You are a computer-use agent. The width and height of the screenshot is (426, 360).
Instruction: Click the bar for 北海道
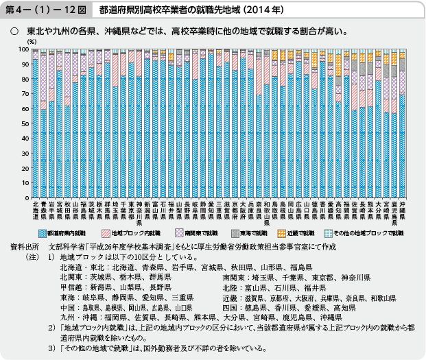point(35,123)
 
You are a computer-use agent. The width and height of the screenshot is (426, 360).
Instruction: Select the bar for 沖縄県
point(402,123)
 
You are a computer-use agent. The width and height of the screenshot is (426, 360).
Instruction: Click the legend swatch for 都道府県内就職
point(46,233)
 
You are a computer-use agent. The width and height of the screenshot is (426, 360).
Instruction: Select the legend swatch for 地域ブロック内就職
point(106,233)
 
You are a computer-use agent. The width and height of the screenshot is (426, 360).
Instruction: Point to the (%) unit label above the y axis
point(32,43)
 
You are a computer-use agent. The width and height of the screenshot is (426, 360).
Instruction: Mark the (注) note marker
point(31,256)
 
